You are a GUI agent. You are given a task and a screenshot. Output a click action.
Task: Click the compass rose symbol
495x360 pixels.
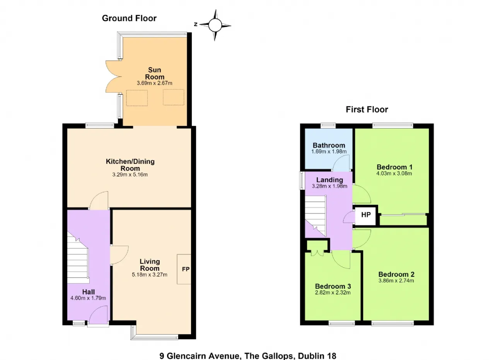pos(215,25)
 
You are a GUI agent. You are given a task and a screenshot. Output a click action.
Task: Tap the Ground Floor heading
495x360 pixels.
pos(129,18)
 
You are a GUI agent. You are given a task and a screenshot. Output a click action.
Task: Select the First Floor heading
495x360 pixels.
pos(367,109)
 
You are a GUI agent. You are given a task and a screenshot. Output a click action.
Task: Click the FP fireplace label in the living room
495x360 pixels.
pos(186,269)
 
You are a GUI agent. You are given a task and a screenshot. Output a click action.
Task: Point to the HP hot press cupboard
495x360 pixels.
pos(366,215)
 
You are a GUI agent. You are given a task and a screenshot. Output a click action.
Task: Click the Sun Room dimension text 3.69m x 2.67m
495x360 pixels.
pos(154,83)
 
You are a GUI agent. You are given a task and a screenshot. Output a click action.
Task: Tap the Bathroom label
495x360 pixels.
pos(329,145)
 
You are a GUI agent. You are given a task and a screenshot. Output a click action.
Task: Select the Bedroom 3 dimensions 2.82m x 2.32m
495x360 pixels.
pos(333,293)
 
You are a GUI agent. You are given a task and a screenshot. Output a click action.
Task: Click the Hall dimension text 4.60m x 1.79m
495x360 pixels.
pos(88,298)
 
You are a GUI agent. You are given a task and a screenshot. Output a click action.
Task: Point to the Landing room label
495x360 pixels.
pos(329,180)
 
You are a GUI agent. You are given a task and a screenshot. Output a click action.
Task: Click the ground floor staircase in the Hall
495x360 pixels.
pos(78,258)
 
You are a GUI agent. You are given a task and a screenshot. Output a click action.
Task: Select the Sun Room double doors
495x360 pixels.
pos(113,77)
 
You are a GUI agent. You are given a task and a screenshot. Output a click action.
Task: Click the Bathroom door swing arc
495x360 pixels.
pos(341,163)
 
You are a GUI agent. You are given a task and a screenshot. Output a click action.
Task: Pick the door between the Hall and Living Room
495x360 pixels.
pos(119,255)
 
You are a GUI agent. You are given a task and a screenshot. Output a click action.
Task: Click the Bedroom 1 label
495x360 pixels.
pos(394,167)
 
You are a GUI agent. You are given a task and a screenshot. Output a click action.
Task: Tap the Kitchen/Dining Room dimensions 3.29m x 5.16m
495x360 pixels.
pos(130,174)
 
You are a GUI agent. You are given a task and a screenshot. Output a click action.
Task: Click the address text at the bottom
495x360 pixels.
pos(248,356)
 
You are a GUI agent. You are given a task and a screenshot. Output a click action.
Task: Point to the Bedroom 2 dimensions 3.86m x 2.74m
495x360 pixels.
pos(396,281)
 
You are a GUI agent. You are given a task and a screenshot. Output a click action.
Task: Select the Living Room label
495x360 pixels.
pos(150,265)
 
